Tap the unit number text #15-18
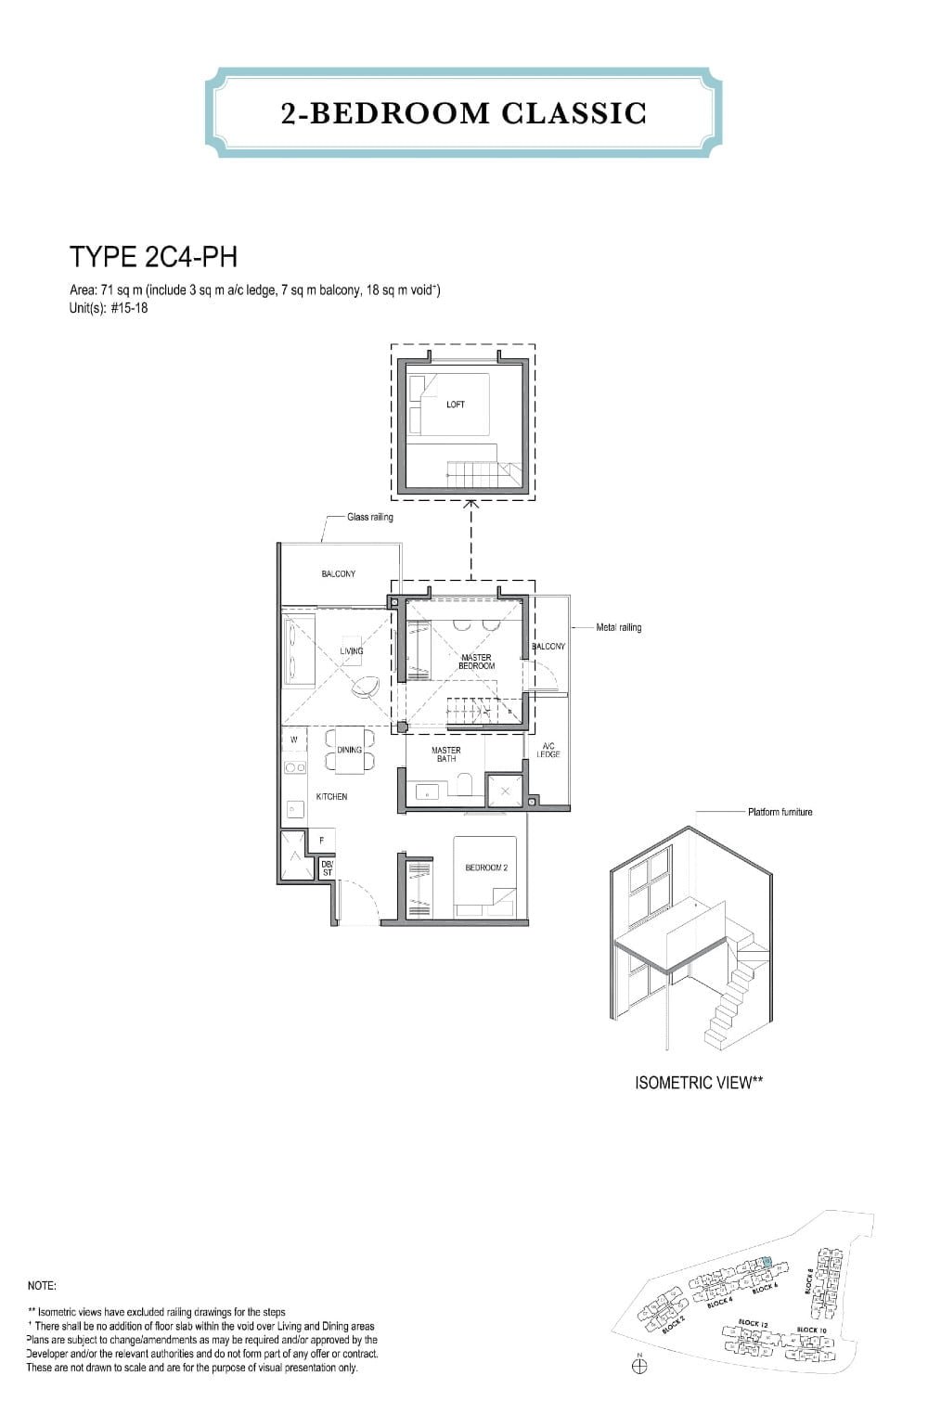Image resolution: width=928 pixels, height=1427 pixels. [x=129, y=308]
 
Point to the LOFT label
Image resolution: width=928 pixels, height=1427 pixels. [x=456, y=405]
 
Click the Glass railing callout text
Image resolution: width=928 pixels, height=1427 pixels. [x=369, y=517]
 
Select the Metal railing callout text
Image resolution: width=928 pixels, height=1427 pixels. [x=618, y=627]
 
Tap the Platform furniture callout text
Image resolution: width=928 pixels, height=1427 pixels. [x=780, y=812]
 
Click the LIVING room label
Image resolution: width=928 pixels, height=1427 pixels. [x=352, y=651]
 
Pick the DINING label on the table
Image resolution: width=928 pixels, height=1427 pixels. [x=350, y=750]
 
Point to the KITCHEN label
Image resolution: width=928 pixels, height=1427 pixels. [x=331, y=797]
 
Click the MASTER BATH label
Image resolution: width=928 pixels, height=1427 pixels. [x=445, y=754]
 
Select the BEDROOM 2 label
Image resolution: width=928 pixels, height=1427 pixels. [x=486, y=868]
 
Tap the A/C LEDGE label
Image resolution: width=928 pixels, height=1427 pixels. [x=548, y=751]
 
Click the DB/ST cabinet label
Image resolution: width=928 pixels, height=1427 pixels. [x=327, y=868]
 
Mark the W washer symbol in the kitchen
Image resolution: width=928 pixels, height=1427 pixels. [x=294, y=739]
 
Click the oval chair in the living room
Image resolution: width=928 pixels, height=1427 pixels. [x=366, y=688]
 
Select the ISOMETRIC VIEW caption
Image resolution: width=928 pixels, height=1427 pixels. [x=699, y=1083]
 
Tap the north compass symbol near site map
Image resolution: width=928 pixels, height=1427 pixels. [x=639, y=1366]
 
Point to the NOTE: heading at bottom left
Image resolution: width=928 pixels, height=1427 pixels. [x=43, y=1286]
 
